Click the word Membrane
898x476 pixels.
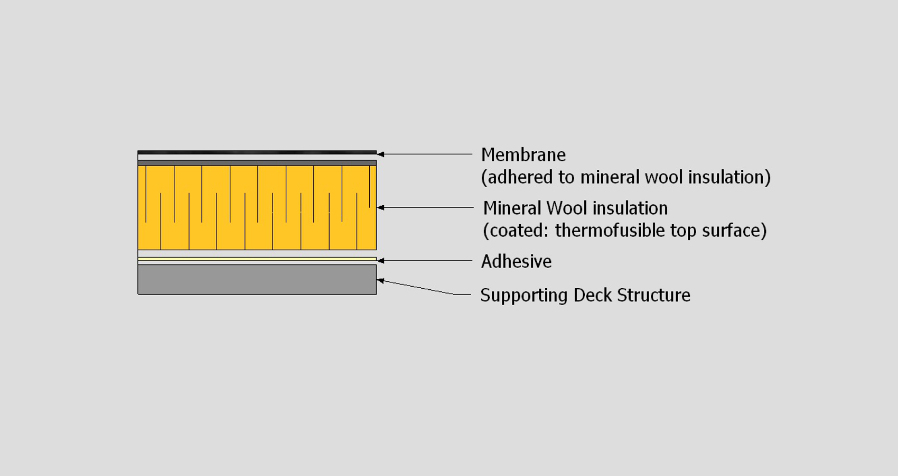click(523, 155)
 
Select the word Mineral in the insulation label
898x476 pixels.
click(512, 208)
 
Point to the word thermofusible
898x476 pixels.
click(610, 231)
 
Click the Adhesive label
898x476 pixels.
click(516, 261)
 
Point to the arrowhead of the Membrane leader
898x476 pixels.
click(380, 154)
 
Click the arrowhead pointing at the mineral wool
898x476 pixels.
click(380, 208)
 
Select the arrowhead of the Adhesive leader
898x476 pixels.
click(380, 261)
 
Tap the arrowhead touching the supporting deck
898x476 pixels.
click(380, 281)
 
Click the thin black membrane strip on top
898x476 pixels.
click(257, 152)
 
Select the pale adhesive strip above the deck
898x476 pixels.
click(257, 259)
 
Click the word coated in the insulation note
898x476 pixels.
click(518, 231)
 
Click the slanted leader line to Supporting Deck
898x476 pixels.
click(417, 287)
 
